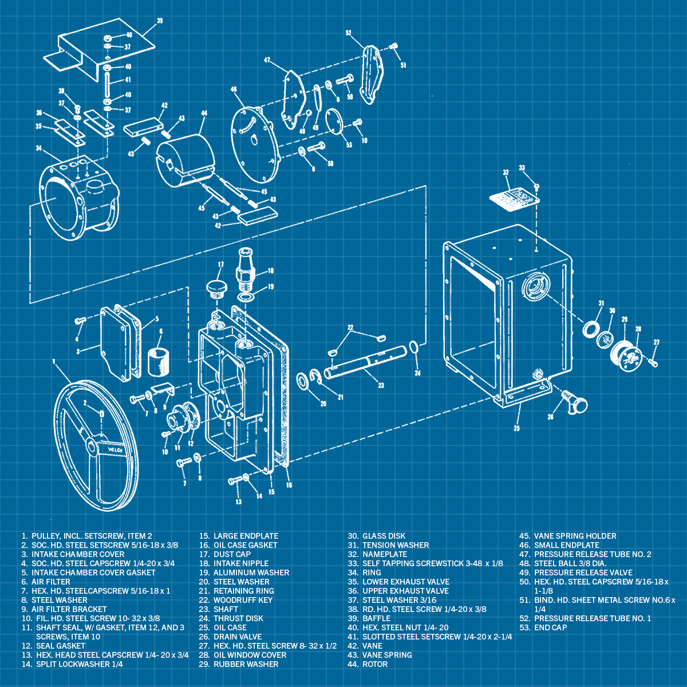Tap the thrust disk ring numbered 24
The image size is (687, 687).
[414, 348]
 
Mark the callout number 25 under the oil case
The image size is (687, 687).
[516, 428]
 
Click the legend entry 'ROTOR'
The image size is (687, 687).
[375, 664]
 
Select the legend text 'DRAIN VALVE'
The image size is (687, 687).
[238, 637]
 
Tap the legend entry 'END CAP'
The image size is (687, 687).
[550, 627]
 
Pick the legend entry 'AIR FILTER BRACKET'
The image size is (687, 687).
[69, 609]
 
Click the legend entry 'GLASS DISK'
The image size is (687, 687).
[384, 536]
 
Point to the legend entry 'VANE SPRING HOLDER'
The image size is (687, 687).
[575, 536]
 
